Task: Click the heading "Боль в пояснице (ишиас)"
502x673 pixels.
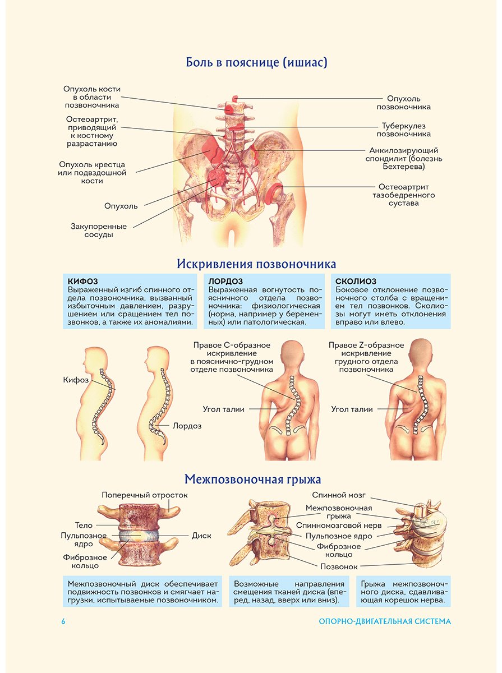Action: [256, 62]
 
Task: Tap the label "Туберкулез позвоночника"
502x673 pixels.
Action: [403, 130]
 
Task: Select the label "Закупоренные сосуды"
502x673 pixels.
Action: [99, 231]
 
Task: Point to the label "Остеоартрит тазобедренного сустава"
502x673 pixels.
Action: [403, 195]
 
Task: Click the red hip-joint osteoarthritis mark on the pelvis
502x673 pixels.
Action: [273, 193]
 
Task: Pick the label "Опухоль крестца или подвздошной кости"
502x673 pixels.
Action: [92, 173]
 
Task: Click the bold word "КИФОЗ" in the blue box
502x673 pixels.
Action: [82, 281]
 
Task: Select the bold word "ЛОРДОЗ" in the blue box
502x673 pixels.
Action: [225, 281]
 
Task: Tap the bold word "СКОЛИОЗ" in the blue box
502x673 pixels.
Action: [356, 281]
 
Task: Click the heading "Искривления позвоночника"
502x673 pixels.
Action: [256, 264]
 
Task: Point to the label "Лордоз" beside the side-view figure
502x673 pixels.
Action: [187, 426]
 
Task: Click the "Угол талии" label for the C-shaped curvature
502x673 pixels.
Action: [224, 409]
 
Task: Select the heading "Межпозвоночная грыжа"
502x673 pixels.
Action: [253, 479]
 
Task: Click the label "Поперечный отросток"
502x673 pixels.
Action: [145, 495]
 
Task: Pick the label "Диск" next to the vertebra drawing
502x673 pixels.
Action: [201, 536]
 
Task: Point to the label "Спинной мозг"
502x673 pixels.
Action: [339, 495]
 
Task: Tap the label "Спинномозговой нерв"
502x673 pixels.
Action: [339, 526]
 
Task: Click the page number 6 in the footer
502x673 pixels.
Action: [63, 621]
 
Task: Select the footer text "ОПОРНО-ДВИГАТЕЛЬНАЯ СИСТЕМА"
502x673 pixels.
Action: [385, 621]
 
